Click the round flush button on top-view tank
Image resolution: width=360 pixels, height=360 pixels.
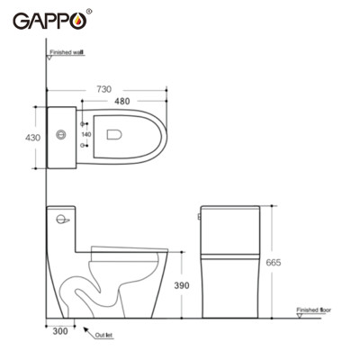61,136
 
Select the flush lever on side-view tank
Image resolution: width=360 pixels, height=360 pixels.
63,218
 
